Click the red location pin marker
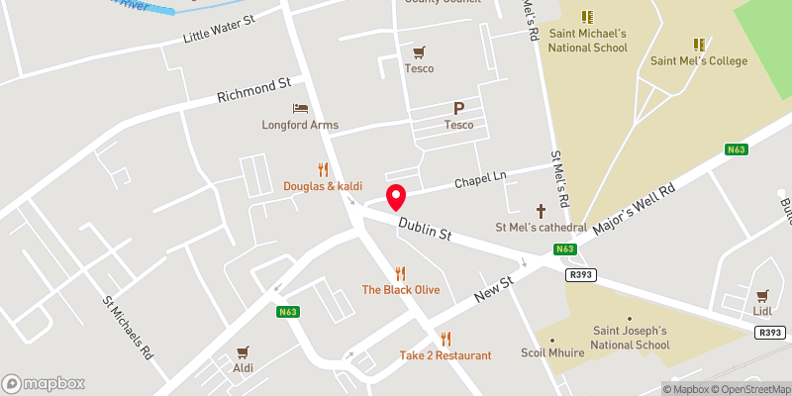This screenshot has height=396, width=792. tap(396, 197)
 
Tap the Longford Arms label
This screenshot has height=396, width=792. tap(300, 125)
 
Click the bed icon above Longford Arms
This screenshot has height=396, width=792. tap(300, 108)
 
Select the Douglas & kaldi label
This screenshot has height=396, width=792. tap(323, 186)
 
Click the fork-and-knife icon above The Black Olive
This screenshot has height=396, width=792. tap(400, 272)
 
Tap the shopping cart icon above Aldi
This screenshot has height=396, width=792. tap(243, 351)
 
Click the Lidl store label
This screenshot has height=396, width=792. tap(761, 311)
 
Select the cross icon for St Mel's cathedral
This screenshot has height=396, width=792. tap(541, 210)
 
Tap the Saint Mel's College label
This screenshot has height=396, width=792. tap(699, 60)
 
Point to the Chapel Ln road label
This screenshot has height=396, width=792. tap(480, 181)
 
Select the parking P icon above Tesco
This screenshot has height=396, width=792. tap(458, 108)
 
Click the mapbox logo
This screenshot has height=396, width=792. tap(44, 383)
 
